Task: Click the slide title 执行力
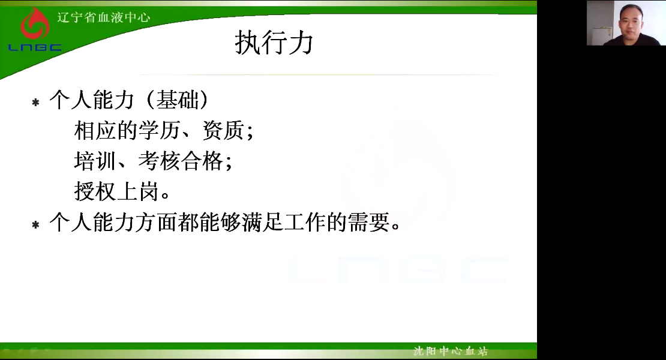[x=274, y=43]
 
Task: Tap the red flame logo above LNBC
[x=35, y=24]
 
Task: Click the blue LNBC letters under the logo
[x=35, y=47]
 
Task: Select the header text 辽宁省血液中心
[x=104, y=17]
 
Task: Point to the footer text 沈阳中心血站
[x=450, y=351]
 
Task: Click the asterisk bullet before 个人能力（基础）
[x=35, y=103]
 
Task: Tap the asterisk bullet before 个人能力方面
[x=35, y=224]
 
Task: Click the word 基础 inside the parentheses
[x=178, y=100]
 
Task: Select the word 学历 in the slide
[x=159, y=130]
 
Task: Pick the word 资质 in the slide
[x=223, y=130]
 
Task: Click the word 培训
[x=95, y=161]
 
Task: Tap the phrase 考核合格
[x=181, y=161]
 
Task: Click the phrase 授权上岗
[x=116, y=191]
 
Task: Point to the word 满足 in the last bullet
[x=262, y=222]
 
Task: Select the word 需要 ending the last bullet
[x=368, y=222]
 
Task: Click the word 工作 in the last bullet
[x=305, y=222]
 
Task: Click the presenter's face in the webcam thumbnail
[x=631, y=20]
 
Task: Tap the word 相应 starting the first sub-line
[x=95, y=130]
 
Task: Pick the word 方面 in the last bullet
[x=157, y=222]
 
